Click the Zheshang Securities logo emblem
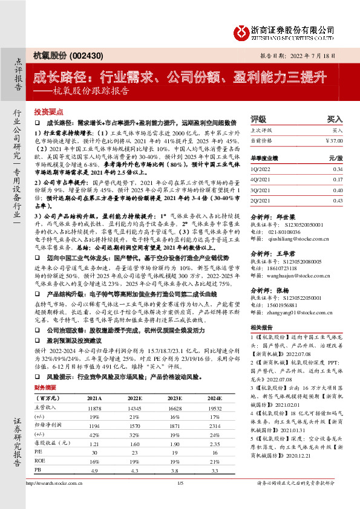click(x=243, y=30)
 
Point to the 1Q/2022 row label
click(x=260, y=170)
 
